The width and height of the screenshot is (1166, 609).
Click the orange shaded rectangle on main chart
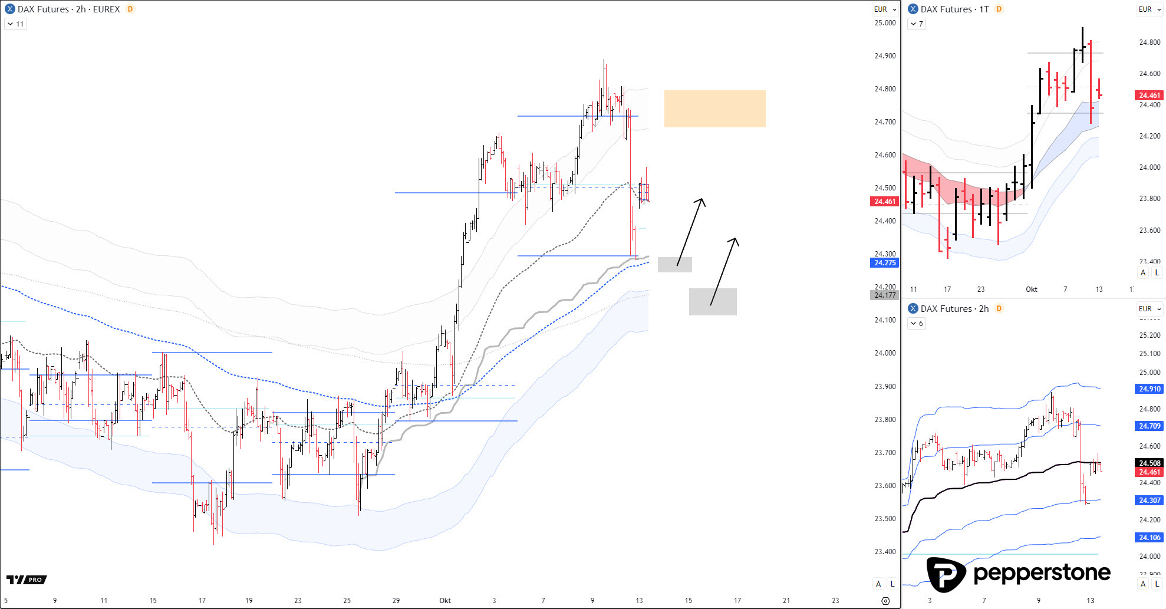(714, 108)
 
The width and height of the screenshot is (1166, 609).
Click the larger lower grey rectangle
(713, 301)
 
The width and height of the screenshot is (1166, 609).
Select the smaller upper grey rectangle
(674, 265)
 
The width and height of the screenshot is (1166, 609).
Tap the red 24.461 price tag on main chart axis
(884, 202)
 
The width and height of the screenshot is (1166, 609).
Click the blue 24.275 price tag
(884, 263)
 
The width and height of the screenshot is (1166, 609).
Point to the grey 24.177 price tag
(884, 295)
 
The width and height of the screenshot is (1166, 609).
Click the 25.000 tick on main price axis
(885, 23)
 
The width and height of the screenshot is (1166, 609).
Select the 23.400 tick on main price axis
(885, 552)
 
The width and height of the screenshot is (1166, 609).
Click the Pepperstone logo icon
(946, 574)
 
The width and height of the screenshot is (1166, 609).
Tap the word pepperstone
(1042, 573)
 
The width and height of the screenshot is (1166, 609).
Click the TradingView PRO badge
(27, 580)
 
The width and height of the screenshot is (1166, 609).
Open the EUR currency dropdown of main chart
(885, 9)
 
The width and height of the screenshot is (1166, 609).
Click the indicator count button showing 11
(16, 24)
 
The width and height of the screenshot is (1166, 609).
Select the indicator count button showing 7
(917, 24)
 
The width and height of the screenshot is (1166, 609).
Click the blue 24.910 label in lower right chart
(1149, 389)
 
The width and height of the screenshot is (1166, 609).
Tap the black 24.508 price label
(1149, 463)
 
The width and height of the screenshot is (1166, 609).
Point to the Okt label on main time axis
(445, 601)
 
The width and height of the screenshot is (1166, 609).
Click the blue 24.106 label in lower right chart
(1149, 538)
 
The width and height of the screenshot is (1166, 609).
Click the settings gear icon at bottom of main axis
(885, 601)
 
